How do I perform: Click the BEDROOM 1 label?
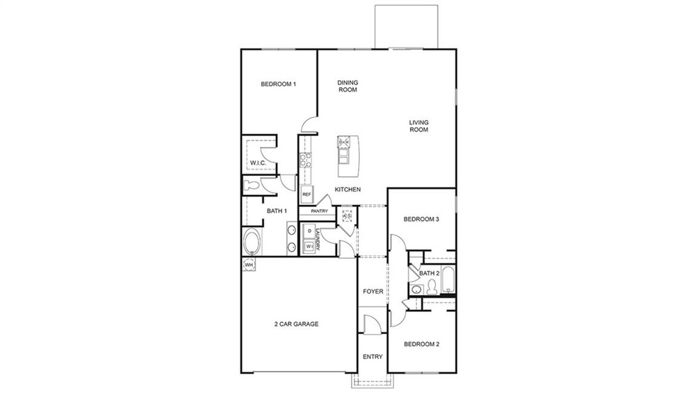point(278,84)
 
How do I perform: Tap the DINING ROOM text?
point(347,87)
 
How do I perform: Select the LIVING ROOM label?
point(419,126)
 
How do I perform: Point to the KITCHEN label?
point(348,189)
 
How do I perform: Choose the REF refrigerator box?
point(306,194)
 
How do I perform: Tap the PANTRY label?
point(318,211)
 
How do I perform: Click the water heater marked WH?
point(248,265)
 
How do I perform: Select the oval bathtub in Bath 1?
point(252,243)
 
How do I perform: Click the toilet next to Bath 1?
point(252,186)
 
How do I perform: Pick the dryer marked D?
point(310,231)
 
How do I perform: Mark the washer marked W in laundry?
point(310,246)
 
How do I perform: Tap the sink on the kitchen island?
point(345,142)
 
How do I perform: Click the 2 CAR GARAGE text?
point(296,324)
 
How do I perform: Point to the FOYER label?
point(372,292)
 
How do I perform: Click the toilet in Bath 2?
point(417,289)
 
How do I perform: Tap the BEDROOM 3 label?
point(422,219)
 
